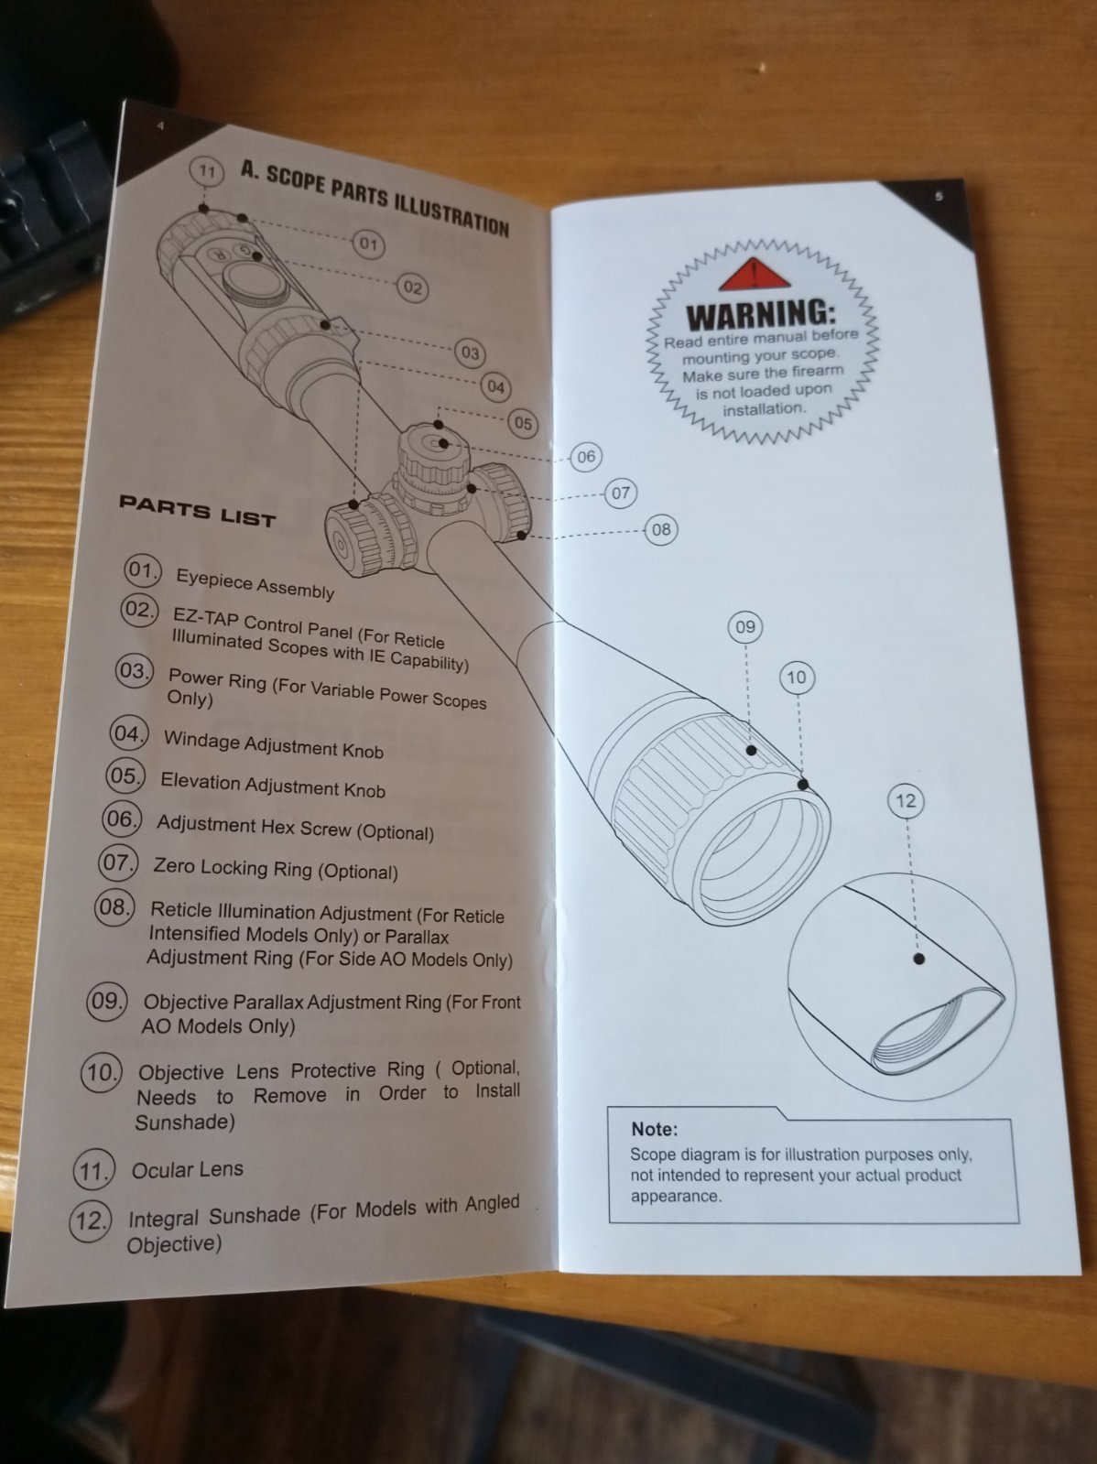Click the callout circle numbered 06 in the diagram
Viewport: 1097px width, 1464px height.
586,456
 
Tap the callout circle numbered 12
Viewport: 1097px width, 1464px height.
905,801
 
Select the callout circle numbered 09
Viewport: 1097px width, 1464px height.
745,627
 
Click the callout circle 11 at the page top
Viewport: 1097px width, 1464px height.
207,171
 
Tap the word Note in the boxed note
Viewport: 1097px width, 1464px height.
654,1129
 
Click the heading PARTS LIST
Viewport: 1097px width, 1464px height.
197,512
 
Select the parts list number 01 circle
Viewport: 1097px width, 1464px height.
142,570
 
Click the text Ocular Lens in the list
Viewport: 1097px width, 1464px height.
188,1169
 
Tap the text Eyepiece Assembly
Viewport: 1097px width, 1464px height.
255,583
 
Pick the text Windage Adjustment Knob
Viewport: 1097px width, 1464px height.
273,744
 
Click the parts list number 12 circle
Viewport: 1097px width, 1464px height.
91,1220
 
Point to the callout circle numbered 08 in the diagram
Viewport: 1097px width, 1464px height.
661,528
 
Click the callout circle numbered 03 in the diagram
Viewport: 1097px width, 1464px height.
470,352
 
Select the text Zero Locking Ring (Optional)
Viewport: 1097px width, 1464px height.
275,868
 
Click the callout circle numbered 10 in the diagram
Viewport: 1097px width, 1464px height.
796,678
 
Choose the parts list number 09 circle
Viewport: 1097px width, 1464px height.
106,1001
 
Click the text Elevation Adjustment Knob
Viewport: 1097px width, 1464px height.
272,785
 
